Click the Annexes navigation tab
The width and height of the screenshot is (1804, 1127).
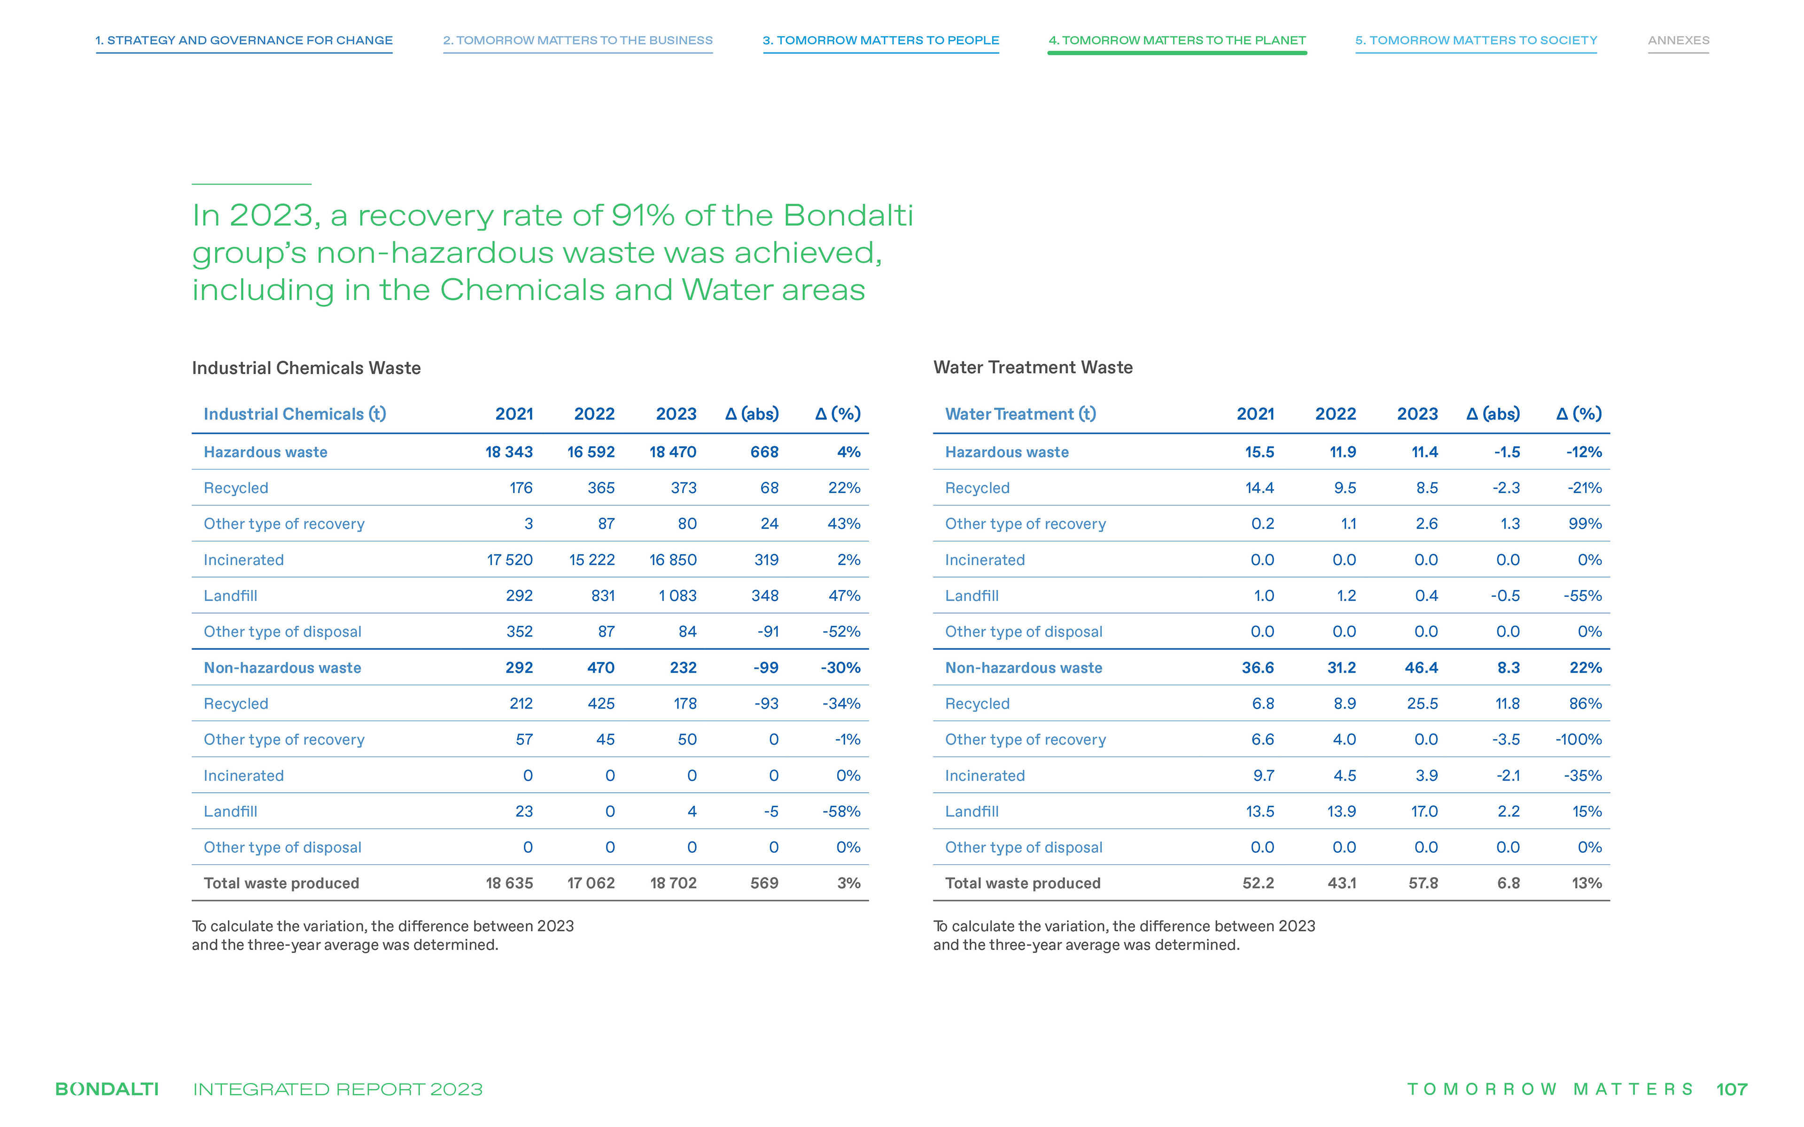1678,40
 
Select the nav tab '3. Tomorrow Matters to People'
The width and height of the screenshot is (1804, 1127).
880,40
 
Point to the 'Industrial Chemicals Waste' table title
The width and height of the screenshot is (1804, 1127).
306,368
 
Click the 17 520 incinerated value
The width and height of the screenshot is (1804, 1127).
510,560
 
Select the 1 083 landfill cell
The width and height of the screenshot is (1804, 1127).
677,595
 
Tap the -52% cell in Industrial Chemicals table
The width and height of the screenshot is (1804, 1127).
841,631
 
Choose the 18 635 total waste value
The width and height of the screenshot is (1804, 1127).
509,883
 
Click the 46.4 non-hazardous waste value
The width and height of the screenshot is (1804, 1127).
1422,668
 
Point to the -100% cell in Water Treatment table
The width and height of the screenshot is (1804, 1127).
1578,740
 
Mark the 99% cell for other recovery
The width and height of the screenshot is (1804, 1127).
1585,524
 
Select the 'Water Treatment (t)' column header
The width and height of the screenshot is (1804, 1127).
1020,414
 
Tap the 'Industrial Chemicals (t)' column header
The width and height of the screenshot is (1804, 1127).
295,414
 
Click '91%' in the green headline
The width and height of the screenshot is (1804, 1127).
643,216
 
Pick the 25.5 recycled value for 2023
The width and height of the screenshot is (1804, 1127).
1423,703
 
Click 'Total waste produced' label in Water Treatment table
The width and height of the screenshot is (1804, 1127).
1023,883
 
